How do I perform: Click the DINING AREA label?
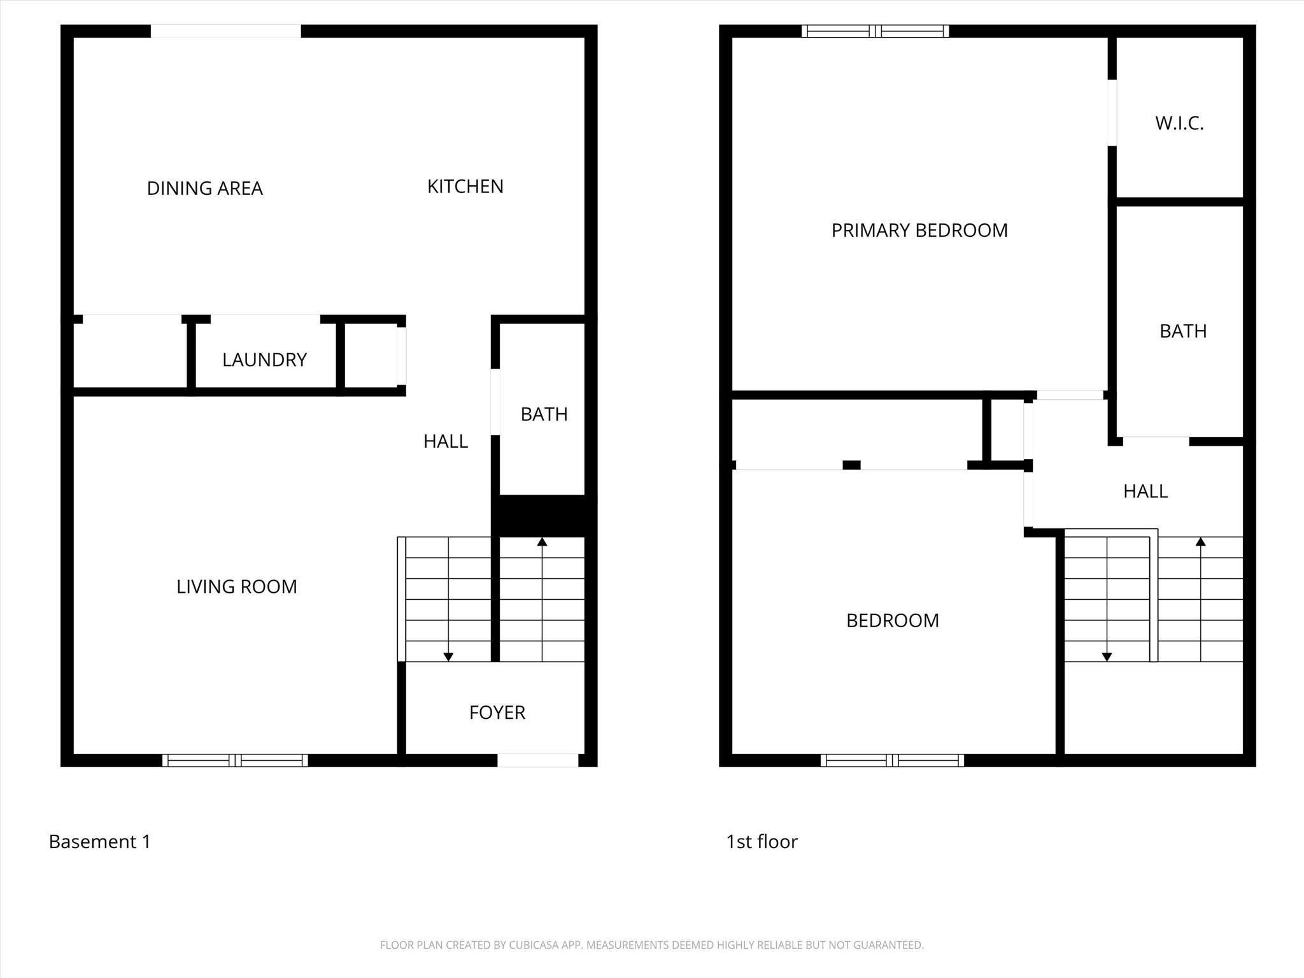204,188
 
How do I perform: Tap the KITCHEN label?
465,187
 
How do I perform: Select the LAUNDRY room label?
265,360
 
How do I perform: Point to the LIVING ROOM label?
237,586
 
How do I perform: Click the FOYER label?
497,712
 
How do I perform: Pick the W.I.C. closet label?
1179,124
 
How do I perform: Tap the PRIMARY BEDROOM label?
919,230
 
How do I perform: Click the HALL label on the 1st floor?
1145,492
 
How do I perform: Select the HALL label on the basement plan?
446,441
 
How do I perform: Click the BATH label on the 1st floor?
1183,331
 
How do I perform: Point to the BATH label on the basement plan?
544,415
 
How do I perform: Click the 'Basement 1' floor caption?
100,842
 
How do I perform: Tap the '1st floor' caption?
762,842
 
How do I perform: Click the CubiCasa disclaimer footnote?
652,945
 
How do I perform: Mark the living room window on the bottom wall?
235,760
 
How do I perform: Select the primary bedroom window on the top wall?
875,31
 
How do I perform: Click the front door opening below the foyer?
537,760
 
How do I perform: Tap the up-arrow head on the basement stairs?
542,542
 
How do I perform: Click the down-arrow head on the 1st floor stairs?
1107,657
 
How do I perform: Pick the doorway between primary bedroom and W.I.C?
1112,113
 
